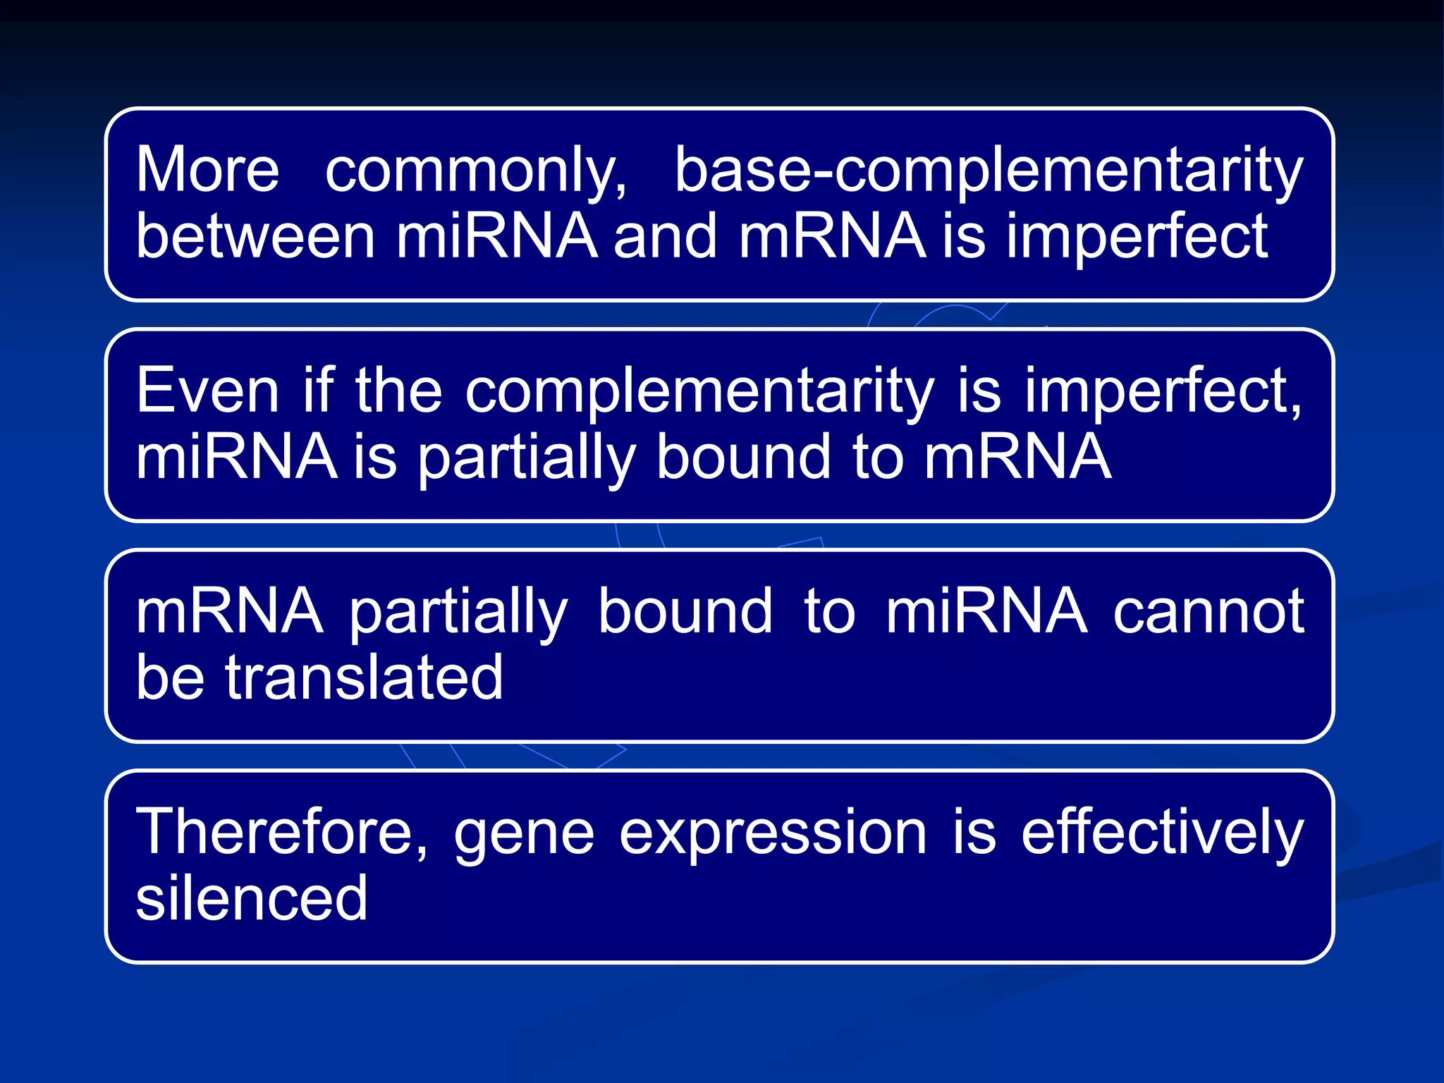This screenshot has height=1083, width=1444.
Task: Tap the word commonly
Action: point(475,171)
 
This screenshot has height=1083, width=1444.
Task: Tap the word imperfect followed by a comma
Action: point(1163,392)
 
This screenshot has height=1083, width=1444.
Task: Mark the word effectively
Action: point(1162,833)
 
